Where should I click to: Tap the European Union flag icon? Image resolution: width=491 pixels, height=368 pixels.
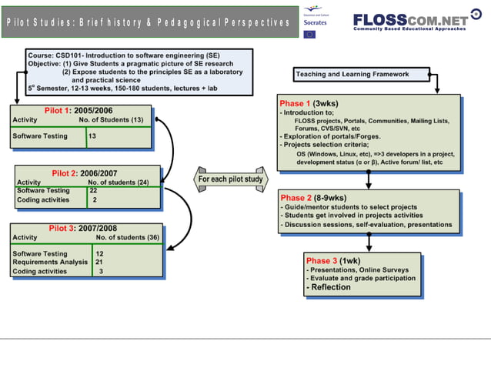(x=309, y=34)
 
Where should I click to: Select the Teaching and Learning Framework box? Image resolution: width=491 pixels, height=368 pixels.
(x=352, y=75)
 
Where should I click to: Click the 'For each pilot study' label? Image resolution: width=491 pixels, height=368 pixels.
(x=230, y=179)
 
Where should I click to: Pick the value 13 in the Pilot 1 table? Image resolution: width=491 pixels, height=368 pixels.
(x=92, y=136)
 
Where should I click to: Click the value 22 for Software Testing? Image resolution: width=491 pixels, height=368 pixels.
(x=93, y=190)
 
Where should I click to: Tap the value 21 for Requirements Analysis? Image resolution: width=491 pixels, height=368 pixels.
(x=99, y=263)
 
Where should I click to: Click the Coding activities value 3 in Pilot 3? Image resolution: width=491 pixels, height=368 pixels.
(x=100, y=272)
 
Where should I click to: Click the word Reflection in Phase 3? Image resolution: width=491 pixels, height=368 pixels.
(x=330, y=287)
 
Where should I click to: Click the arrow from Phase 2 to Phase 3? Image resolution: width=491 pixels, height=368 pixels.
(x=369, y=240)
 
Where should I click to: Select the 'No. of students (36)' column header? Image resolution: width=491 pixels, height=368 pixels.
(x=126, y=238)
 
